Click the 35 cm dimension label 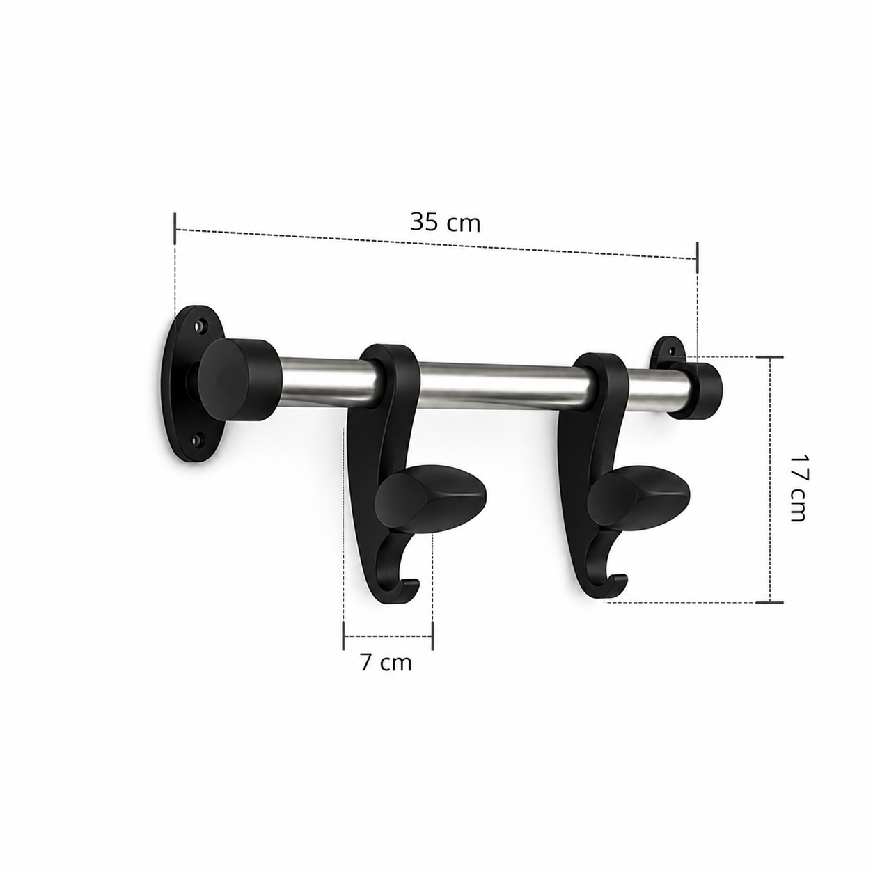(x=444, y=223)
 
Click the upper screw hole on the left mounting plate (x=199, y=326)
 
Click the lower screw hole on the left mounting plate (x=196, y=439)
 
